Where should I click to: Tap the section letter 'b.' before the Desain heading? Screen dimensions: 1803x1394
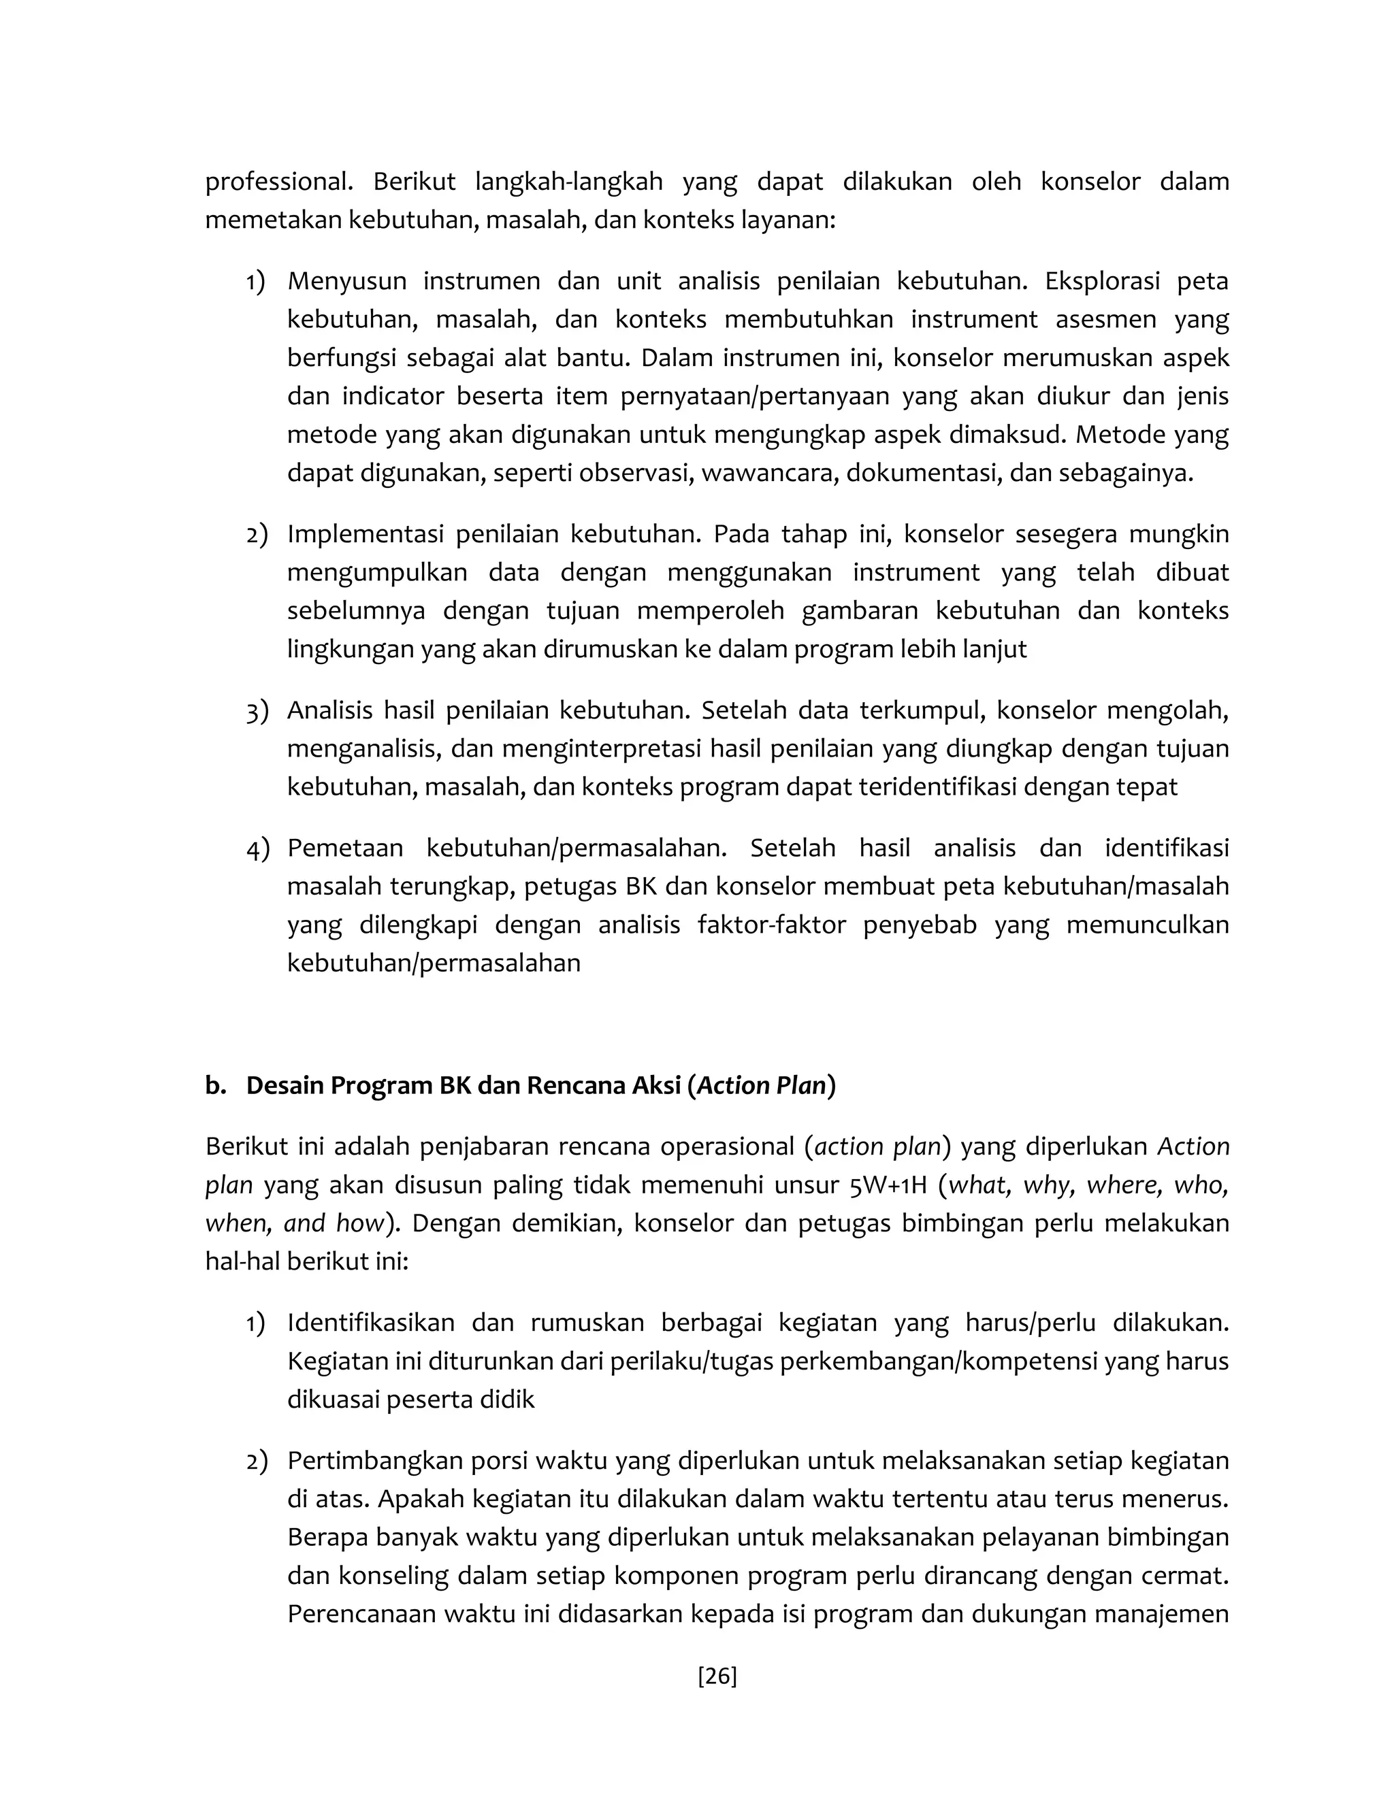tap(216, 1085)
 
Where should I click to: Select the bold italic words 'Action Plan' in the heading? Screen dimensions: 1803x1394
tap(762, 1085)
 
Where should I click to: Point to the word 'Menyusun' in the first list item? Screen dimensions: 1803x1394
tap(347, 281)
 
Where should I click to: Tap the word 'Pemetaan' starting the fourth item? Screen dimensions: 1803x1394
tap(345, 848)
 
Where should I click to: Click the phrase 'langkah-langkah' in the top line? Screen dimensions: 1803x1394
tap(569, 182)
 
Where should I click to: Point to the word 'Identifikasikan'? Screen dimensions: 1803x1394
tap(371, 1323)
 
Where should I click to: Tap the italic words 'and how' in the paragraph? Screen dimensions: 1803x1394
tap(334, 1223)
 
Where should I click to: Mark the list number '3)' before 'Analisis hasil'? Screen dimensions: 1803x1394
tap(257, 711)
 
